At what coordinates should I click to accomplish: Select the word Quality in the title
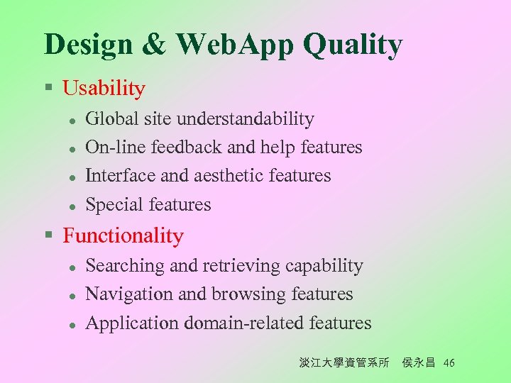coord(353,45)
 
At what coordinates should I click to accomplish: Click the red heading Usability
coord(104,89)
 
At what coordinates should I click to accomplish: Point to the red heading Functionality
coord(123,235)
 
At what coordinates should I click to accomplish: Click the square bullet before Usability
coord(48,89)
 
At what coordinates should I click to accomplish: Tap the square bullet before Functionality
coord(48,235)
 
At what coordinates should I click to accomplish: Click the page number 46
coord(449,363)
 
